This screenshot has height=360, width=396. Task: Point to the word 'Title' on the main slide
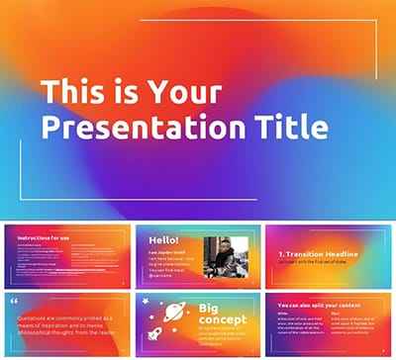tap(293, 128)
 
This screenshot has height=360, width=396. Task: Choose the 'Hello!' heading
tap(163, 240)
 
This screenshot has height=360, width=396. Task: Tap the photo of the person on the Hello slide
tap(223, 258)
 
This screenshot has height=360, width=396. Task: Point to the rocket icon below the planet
tap(154, 334)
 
